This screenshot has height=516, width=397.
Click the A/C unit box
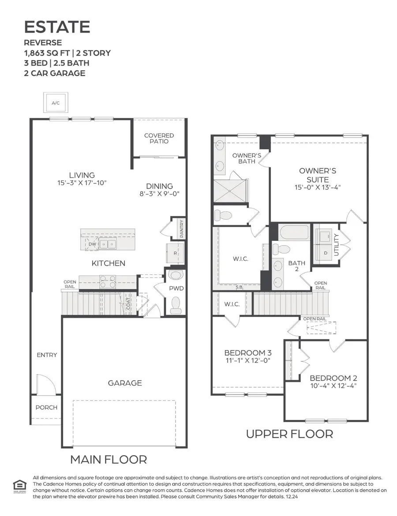click(56, 103)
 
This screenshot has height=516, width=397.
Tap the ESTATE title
click(57, 27)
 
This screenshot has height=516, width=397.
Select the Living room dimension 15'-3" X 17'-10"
click(82, 182)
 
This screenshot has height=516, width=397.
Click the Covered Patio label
click(159, 138)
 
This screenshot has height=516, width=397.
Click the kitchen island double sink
click(108, 243)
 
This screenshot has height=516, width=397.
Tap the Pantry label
click(181, 228)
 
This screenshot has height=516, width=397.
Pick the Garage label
click(125, 383)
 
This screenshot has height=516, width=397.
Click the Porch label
click(46, 407)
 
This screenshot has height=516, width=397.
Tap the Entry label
click(47, 355)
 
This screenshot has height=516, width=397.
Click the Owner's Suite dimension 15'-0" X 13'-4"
click(318, 187)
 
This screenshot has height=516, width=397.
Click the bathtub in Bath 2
click(294, 232)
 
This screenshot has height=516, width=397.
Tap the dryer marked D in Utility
click(326, 253)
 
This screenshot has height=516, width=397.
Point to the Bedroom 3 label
click(247, 353)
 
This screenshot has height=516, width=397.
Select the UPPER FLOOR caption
click(289, 434)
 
